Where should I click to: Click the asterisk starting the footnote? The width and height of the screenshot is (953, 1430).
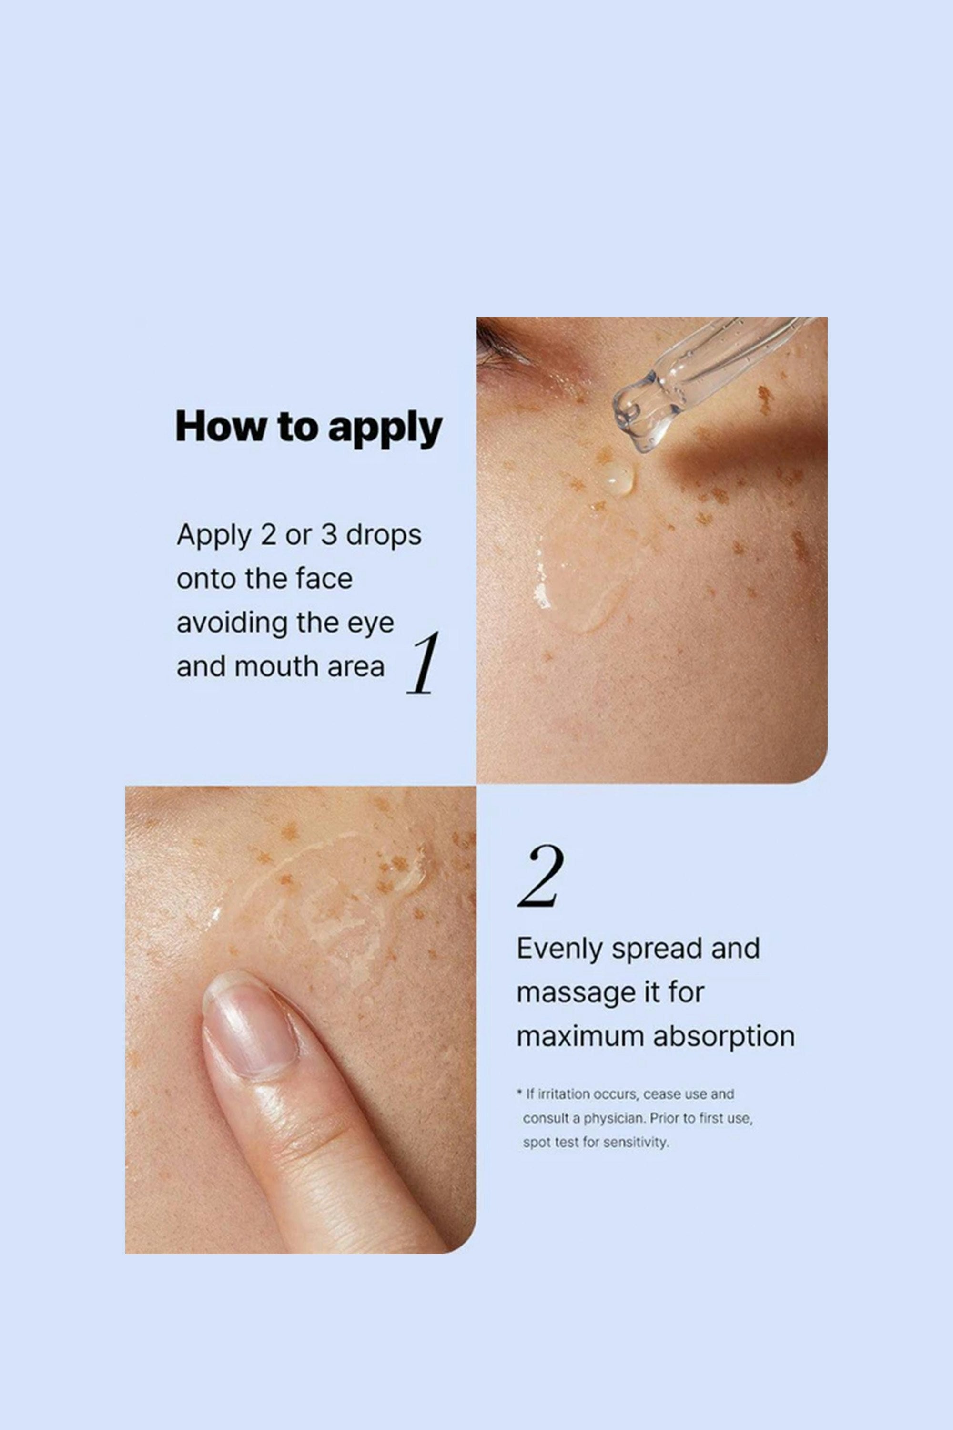coord(520,1093)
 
